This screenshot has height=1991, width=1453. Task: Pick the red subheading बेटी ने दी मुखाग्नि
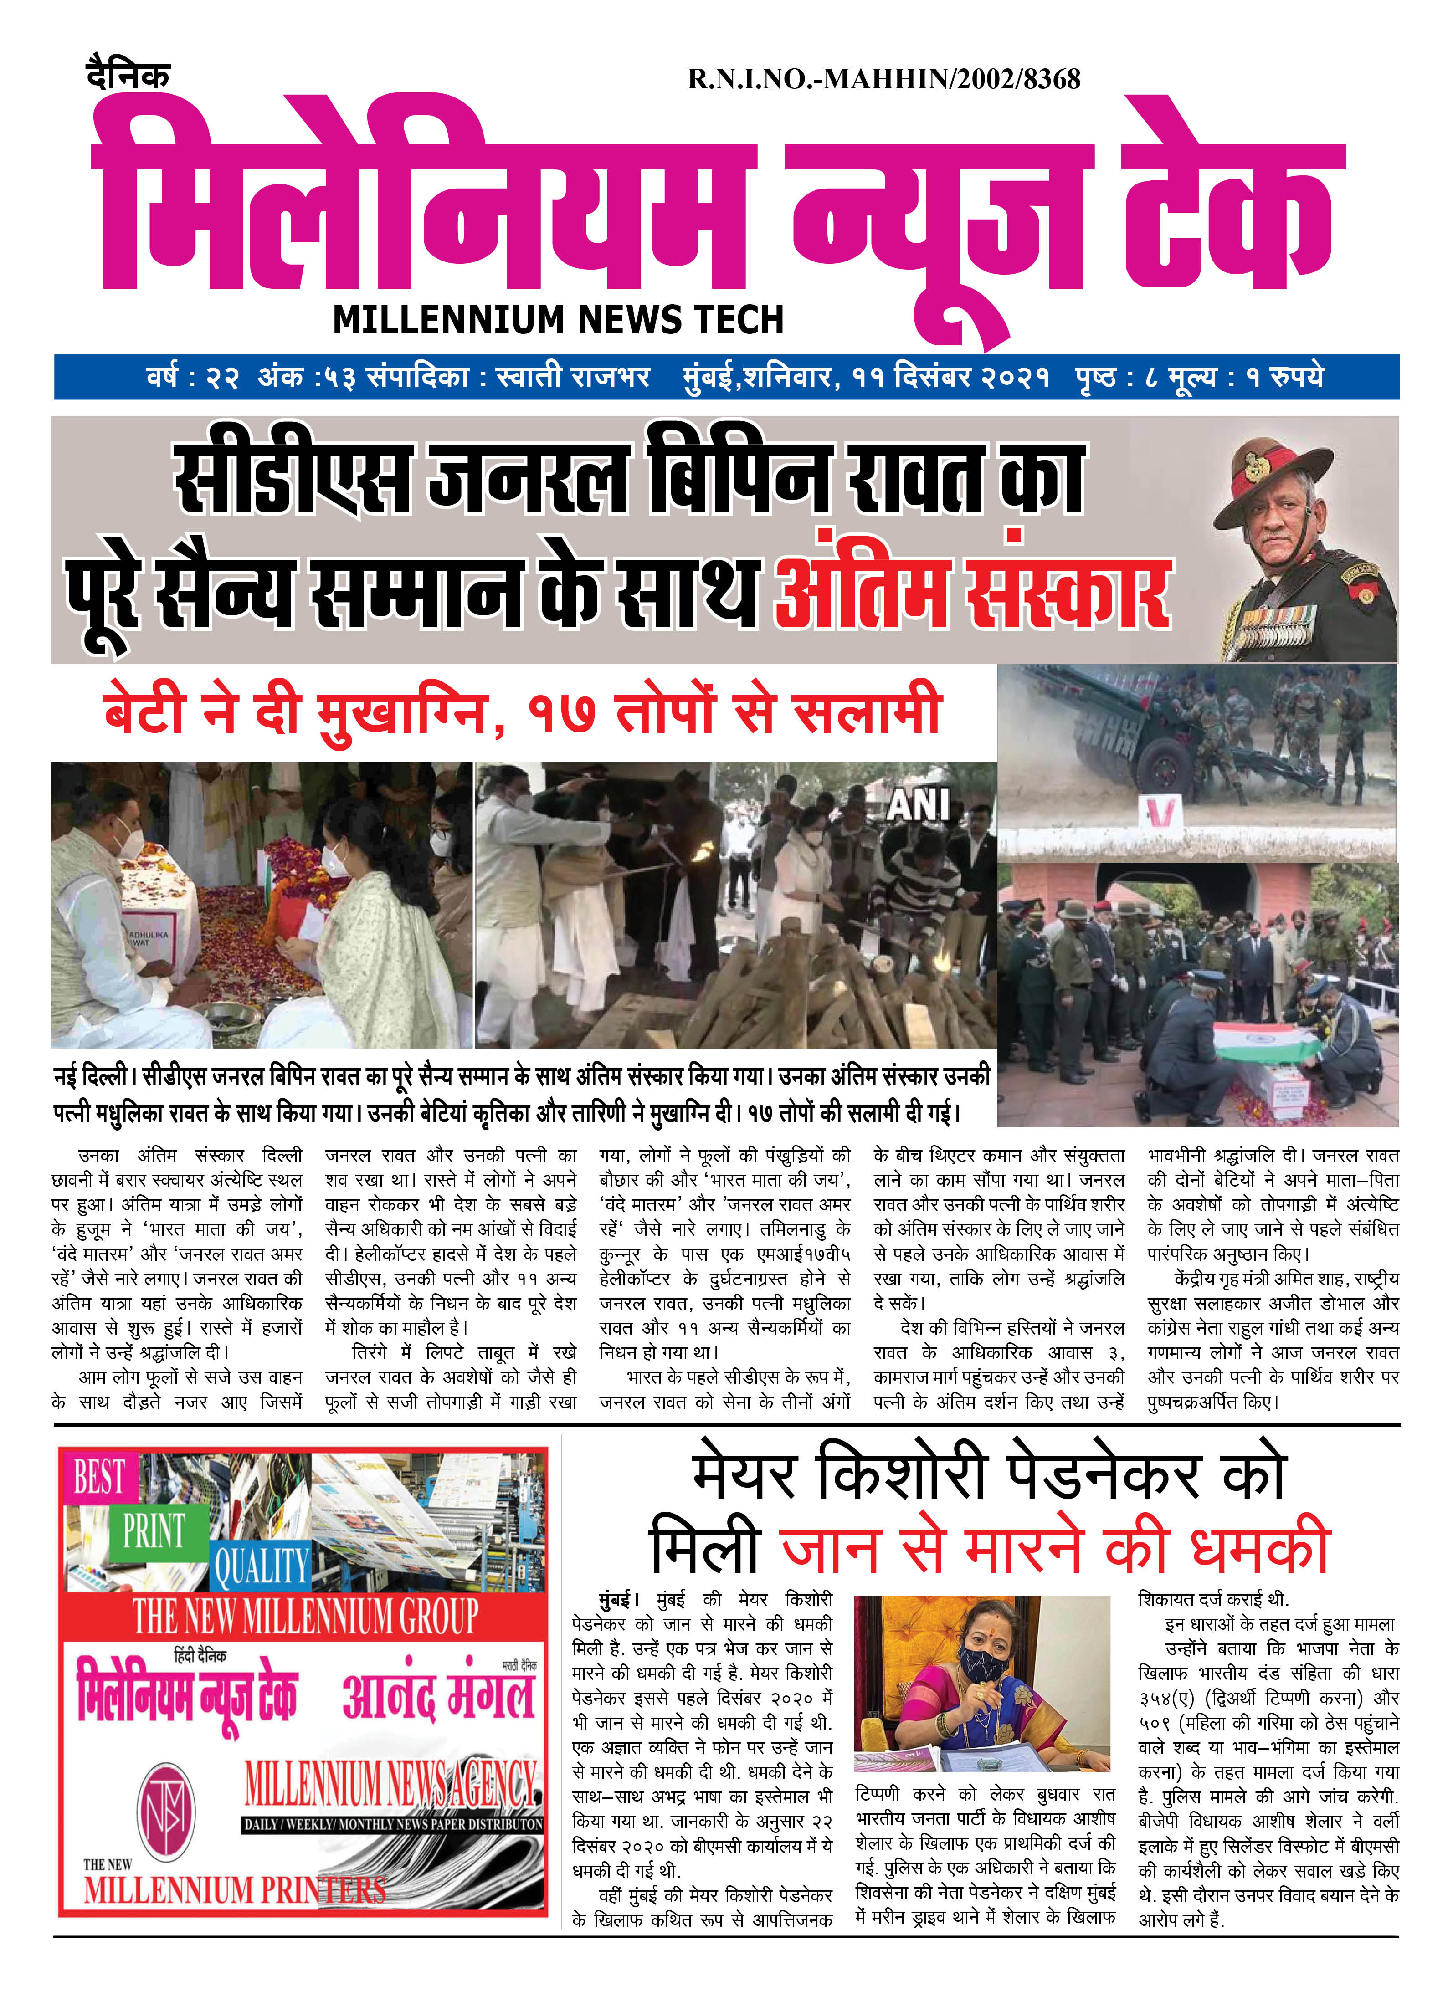coord(295,712)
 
